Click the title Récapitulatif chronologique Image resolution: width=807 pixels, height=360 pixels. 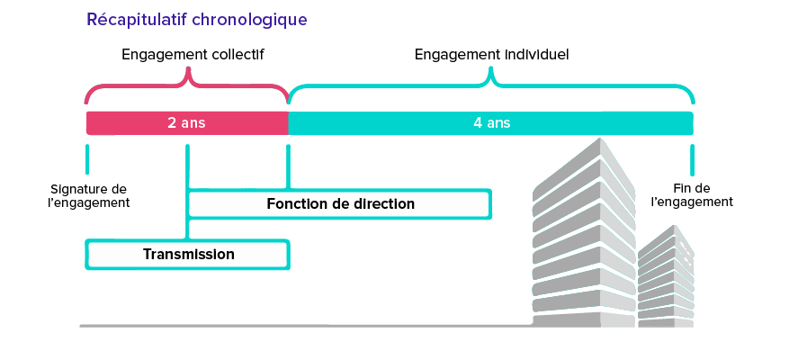(197, 20)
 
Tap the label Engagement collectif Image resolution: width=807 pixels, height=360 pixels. (193, 55)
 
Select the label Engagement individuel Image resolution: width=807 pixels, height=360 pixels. (491, 55)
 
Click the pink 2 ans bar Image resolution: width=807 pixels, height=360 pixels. (187, 123)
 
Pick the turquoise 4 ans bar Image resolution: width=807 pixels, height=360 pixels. (490, 123)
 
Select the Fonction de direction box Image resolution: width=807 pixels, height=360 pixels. (340, 204)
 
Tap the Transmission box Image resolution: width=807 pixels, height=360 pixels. (188, 255)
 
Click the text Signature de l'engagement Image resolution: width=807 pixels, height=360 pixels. (88, 195)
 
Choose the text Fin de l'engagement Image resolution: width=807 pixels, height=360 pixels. (692, 195)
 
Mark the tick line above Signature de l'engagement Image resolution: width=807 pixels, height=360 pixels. (87, 159)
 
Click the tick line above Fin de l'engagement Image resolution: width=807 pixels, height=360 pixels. (692, 159)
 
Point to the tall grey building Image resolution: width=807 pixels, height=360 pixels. (584, 234)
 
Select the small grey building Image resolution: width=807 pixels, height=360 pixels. (666, 276)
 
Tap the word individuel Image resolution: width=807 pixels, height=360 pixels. (536, 54)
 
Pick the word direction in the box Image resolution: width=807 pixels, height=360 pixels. (384, 204)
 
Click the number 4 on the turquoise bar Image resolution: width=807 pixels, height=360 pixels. (478, 123)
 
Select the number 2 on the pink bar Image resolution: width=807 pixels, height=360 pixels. (172, 123)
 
